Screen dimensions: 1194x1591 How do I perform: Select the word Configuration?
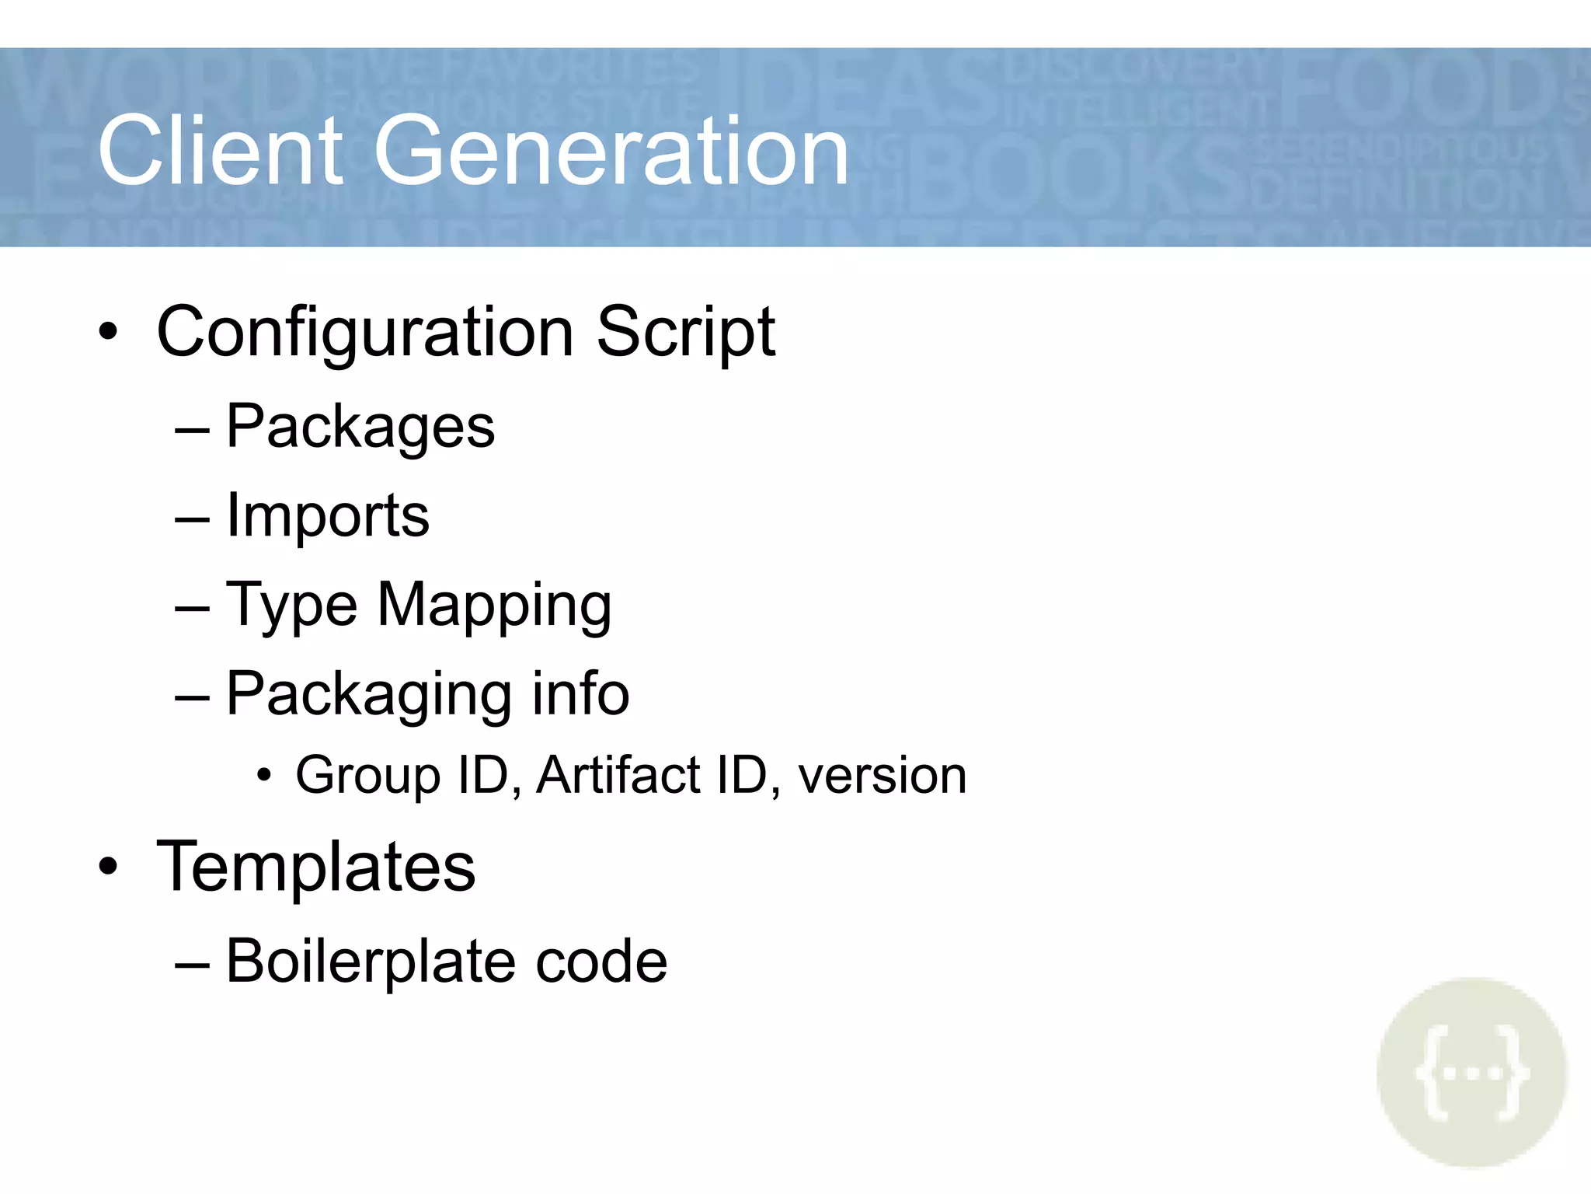pos(365,333)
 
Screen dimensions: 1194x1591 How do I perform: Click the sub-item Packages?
pos(360,428)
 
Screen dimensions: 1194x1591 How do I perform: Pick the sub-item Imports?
pos(327,516)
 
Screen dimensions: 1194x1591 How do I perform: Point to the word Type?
pos(291,606)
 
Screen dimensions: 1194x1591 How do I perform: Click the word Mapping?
pos(494,606)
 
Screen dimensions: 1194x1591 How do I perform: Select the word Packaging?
pos(368,695)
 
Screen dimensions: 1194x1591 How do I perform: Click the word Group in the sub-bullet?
pos(368,776)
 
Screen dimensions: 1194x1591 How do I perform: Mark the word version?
pos(882,776)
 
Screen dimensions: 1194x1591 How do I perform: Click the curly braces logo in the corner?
pos(1471,1073)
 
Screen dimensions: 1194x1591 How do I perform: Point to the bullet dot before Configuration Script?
pos(109,333)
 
